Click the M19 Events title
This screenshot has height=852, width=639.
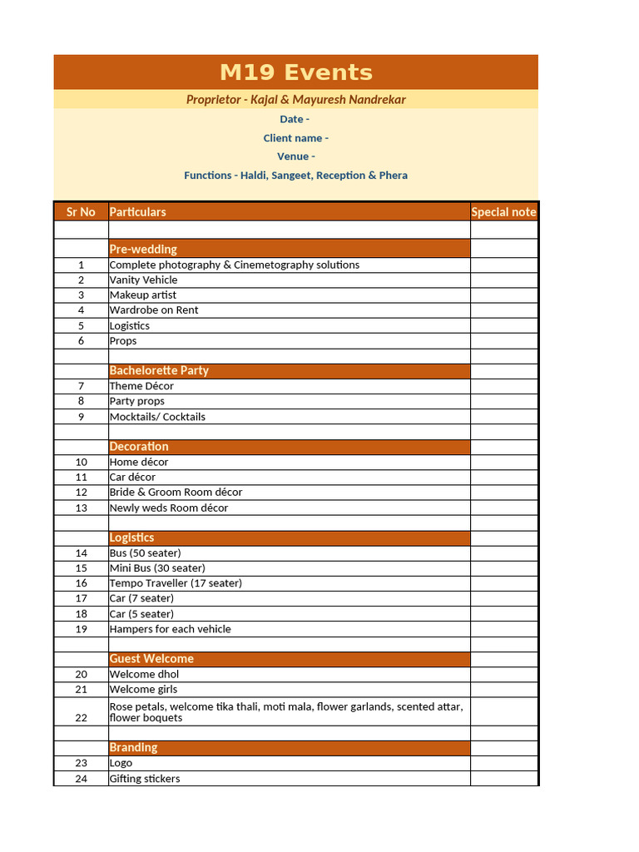point(295,72)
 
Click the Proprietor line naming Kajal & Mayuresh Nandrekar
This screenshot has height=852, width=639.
point(295,100)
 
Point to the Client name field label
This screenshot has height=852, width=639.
point(295,138)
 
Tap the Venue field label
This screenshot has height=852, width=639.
point(295,156)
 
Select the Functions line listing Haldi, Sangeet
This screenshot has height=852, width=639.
point(295,176)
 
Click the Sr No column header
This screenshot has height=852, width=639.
point(81,212)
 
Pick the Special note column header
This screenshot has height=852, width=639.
point(503,212)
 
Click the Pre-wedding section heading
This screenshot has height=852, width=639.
point(143,249)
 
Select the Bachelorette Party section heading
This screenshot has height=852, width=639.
point(159,370)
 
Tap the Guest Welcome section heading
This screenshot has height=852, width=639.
point(151,658)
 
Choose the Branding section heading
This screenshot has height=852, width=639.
point(133,747)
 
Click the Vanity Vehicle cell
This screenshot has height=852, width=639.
point(143,280)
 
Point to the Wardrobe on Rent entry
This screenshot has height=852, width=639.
point(154,310)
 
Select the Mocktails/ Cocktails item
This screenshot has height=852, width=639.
point(157,417)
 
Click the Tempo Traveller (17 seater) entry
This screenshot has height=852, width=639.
point(176,583)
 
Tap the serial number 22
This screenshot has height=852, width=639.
point(81,717)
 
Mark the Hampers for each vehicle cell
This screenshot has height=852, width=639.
point(170,629)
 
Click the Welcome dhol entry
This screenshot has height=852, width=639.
point(144,674)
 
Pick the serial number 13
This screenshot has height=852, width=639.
point(81,508)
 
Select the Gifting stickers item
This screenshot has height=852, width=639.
point(145,779)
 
